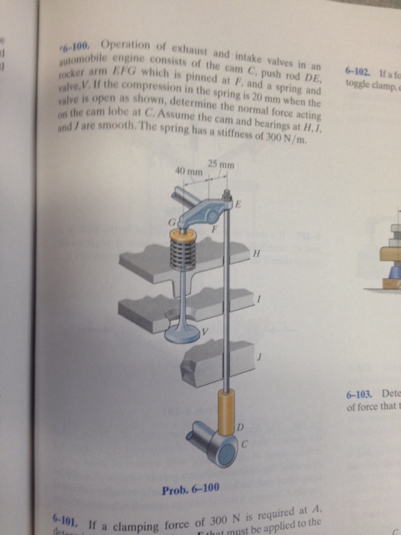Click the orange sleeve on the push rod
click(x=227, y=408)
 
